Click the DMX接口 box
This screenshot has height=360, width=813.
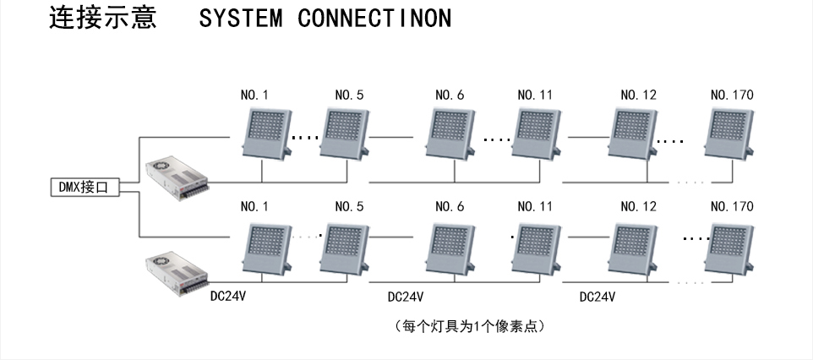(84, 188)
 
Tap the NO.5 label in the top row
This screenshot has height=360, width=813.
(349, 95)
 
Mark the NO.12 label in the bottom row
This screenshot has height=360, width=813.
(638, 207)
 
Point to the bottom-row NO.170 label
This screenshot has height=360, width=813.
(732, 207)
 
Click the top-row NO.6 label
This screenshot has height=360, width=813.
(450, 95)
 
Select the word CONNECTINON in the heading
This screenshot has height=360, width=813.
(374, 19)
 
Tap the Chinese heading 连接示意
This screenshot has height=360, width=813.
(102, 18)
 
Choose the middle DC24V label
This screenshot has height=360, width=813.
(406, 297)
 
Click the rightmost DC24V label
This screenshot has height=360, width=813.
(597, 297)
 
